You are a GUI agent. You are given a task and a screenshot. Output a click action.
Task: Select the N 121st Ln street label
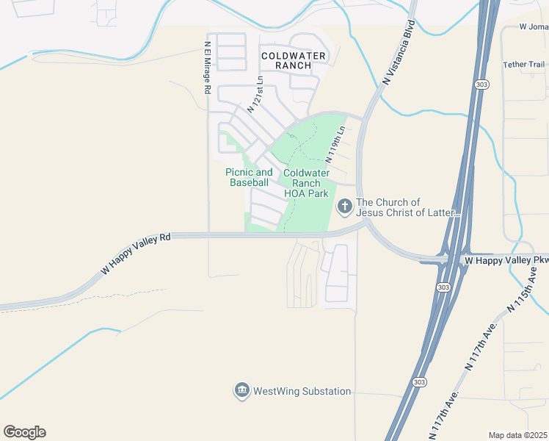(254, 94)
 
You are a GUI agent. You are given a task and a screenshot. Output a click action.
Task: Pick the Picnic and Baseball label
(249, 177)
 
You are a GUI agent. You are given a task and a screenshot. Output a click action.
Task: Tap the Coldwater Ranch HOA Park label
(306, 183)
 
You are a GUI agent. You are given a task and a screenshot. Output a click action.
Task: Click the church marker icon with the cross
(344, 208)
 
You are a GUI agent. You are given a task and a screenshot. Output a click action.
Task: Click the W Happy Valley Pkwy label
(506, 260)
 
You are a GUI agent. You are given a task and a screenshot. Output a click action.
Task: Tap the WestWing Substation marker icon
(241, 391)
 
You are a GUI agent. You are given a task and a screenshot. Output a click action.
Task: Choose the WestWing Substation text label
(302, 391)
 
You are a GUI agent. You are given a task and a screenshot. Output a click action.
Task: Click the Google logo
(24, 432)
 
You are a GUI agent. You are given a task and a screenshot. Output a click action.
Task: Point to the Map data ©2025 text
(517, 434)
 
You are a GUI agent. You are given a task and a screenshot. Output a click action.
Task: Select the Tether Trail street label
(523, 65)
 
